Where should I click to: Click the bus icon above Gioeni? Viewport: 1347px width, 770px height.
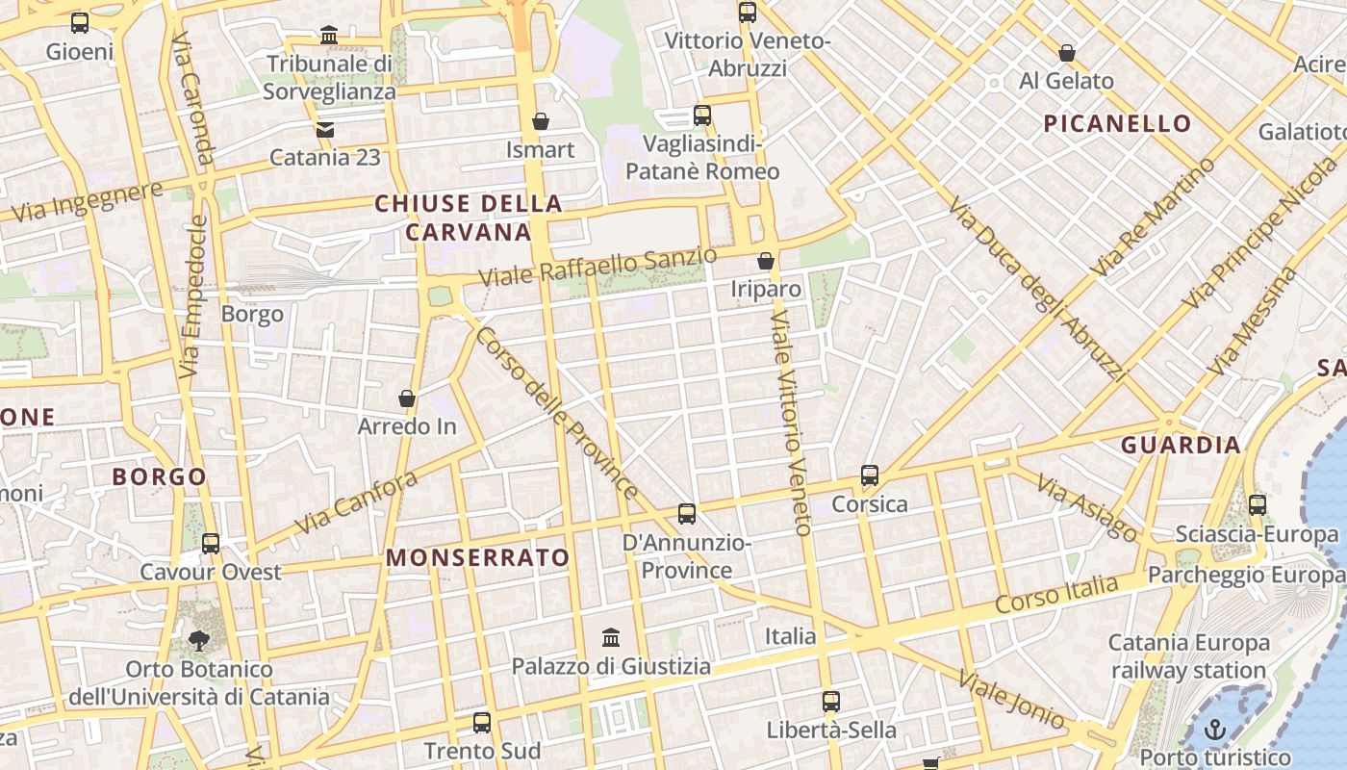pyautogui.click(x=80, y=22)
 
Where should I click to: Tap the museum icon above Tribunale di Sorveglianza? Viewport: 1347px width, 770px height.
pyautogui.click(x=329, y=36)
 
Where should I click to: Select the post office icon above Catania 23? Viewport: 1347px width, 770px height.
pyautogui.click(x=325, y=129)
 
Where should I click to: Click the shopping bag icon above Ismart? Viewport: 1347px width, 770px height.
pyautogui.click(x=541, y=121)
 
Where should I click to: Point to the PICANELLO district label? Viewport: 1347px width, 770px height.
pyautogui.click(x=1117, y=123)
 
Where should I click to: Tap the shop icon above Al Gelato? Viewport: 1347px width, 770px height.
pyautogui.click(x=1066, y=53)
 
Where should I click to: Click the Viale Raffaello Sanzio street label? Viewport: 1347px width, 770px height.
pyautogui.click(x=597, y=267)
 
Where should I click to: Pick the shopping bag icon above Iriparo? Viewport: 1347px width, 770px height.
pyautogui.click(x=766, y=261)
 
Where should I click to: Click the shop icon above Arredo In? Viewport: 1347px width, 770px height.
pyautogui.click(x=407, y=398)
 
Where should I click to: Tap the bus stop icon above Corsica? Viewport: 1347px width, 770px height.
pyautogui.click(x=870, y=475)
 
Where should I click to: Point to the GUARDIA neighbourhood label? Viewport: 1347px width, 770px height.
pyautogui.click(x=1181, y=445)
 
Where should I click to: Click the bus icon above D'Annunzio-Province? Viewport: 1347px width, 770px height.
pyautogui.click(x=687, y=514)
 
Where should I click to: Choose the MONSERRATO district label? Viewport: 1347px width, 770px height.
pyautogui.click(x=478, y=557)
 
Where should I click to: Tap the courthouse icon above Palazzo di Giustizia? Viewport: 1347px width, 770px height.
pyautogui.click(x=611, y=637)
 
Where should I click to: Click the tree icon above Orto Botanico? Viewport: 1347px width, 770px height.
pyautogui.click(x=199, y=640)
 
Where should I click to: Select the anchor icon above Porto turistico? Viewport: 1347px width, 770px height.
pyautogui.click(x=1215, y=729)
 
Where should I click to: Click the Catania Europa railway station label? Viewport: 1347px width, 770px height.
pyautogui.click(x=1189, y=656)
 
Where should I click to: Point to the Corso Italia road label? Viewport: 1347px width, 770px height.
pyautogui.click(x=1056, y=594)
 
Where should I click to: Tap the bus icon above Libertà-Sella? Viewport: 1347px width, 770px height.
pyautogui.click(x=831, y=702)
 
